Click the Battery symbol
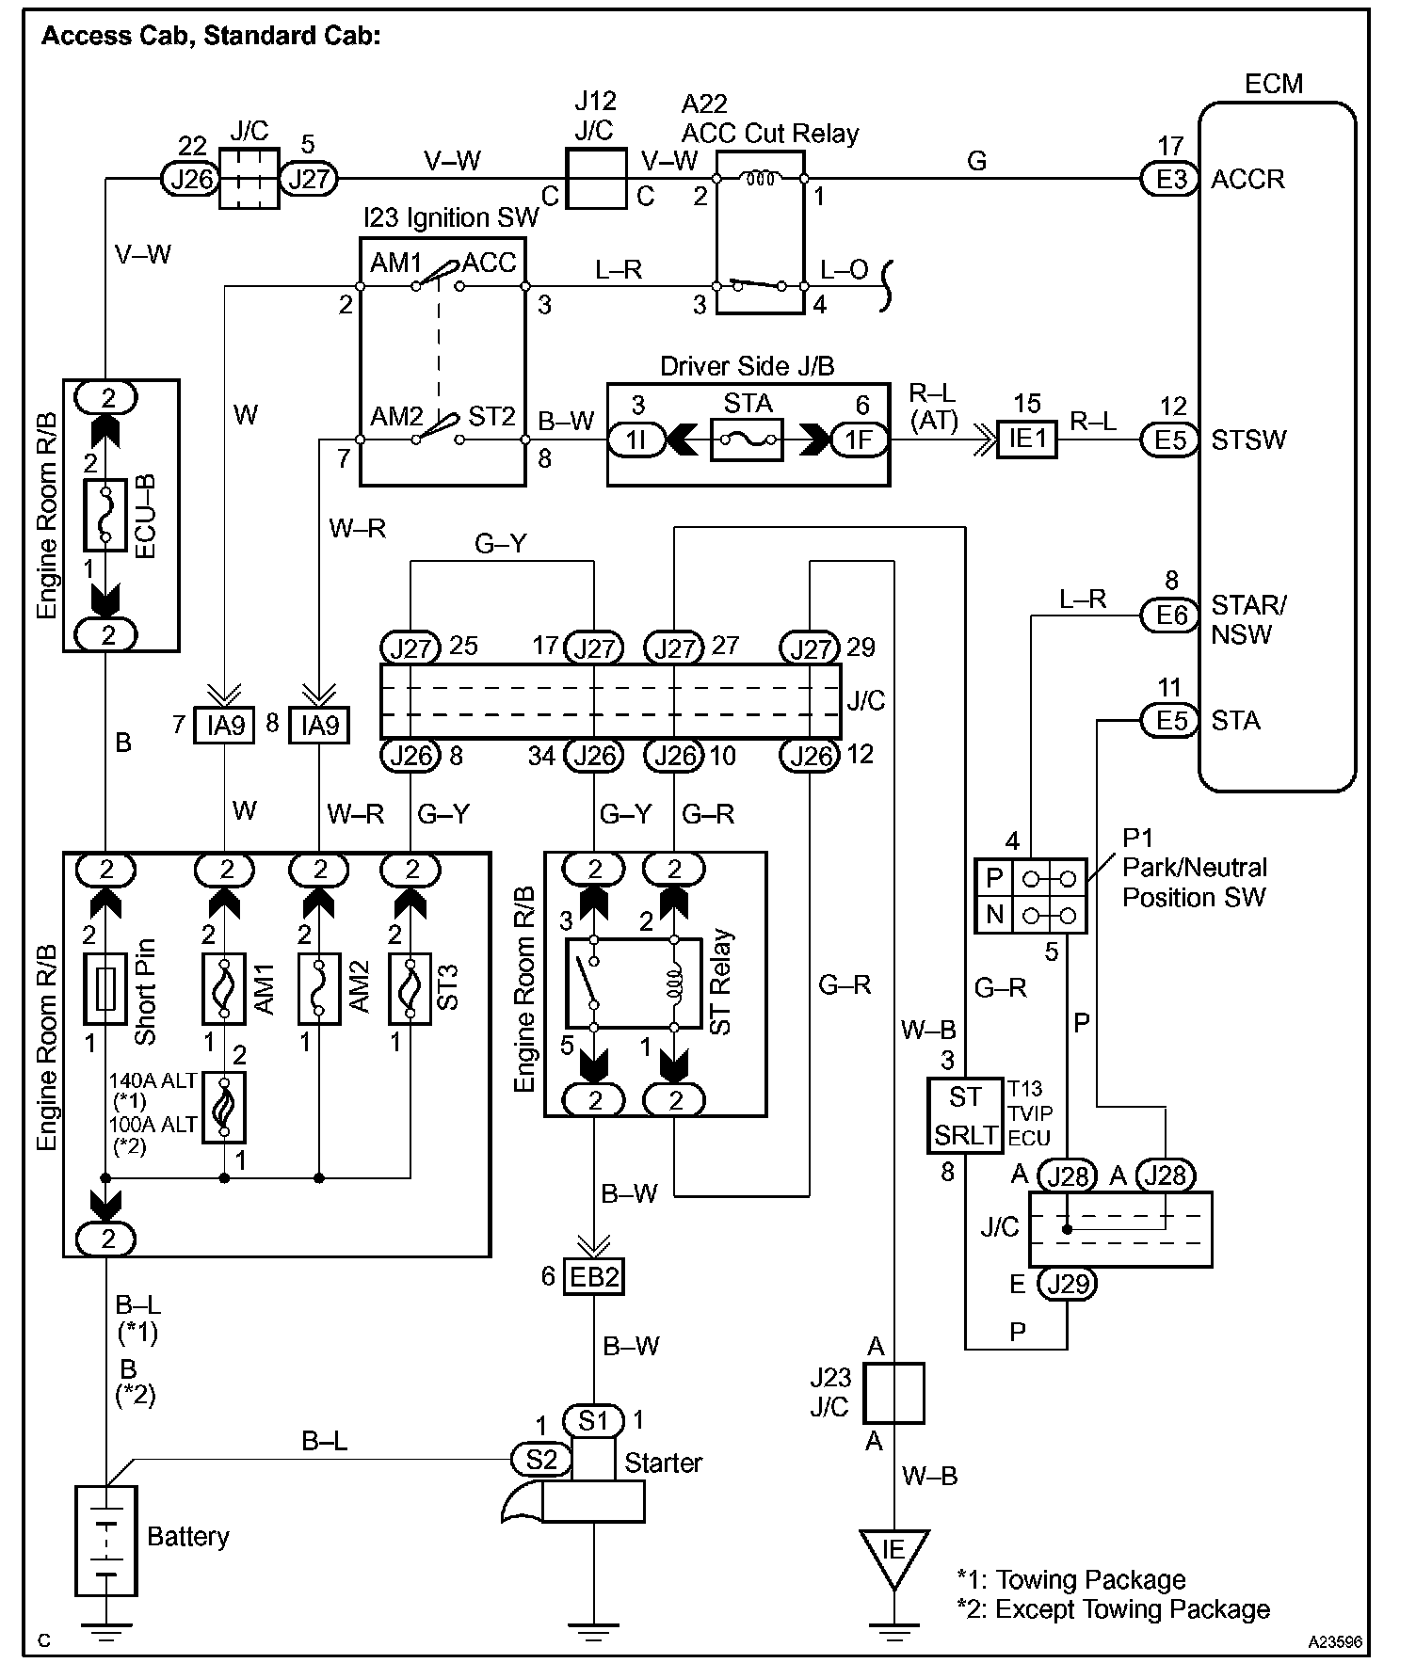(x=105, y=1541)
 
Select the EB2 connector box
(x=594, y=1277)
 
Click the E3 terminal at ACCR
(x=1170, y=178)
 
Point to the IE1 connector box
(x=1027, y=439)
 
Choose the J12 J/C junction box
(x=596, y=178)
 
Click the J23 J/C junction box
(x=893, y=1393)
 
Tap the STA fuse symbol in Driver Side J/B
(x=747, y=439)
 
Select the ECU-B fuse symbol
(x=105, y=515)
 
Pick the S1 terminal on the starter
(x=594, y=1420)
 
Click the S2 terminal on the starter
(x=541, y=1460)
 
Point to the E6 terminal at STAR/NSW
(x=1170, y=616)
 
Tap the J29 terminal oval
(x=1067, y=1283)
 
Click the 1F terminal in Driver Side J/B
(x=859, y=440)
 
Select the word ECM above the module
(x=1274, y=84)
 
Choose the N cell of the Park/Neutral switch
(x=994, y=914)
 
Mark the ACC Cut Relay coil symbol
(x=760, y=178)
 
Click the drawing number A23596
(x=1334, y=1641)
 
